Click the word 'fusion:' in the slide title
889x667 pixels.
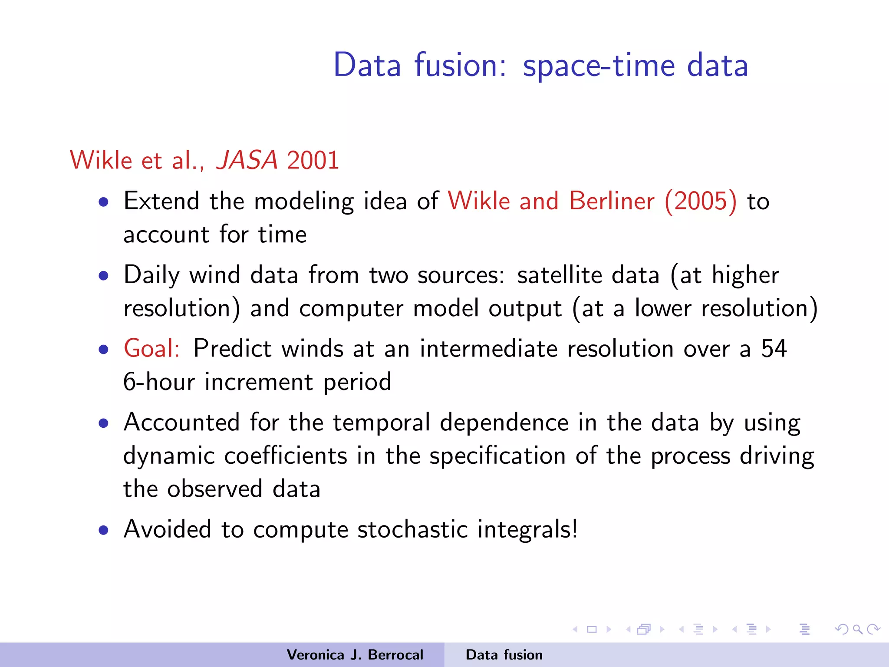460,65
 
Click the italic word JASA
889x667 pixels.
247,160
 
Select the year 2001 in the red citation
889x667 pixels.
313,160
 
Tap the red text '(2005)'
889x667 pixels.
701,201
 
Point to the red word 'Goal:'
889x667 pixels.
151,348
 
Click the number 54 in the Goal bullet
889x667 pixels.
774,348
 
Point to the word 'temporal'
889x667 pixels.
382,423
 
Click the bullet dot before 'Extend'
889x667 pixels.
103,202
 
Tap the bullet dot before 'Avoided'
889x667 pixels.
103,530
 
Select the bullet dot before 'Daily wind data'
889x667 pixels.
103,276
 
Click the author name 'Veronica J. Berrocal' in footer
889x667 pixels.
355,655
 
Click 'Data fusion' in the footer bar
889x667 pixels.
504,655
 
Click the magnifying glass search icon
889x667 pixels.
857,629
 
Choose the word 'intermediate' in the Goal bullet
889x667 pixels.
488,348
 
